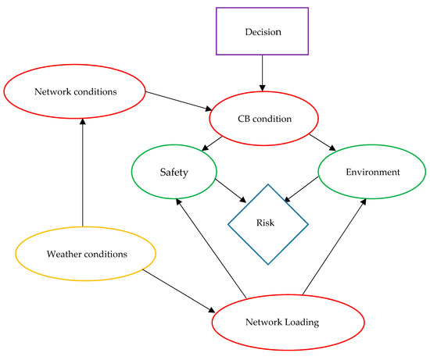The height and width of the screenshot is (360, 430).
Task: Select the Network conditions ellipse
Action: [76, 91]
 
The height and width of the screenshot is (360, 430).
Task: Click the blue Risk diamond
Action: [267, 223]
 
